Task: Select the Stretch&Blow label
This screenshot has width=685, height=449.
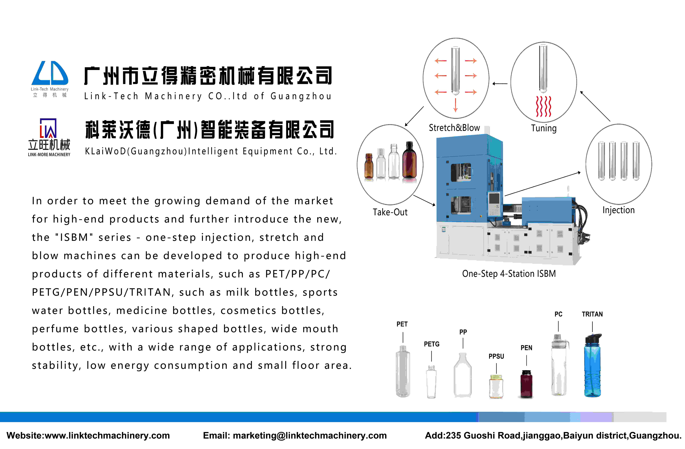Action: (x=454, y=128)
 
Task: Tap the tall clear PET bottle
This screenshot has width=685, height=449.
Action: (x=403, y=371)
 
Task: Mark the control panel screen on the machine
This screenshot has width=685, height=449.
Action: (x=494, y=199)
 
